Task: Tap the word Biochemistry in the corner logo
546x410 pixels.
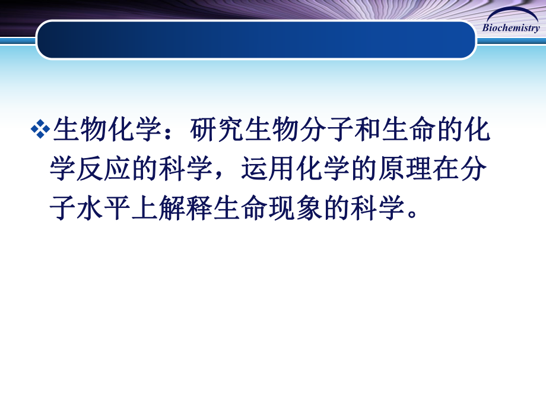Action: pyautogui.click(x=510, y=29)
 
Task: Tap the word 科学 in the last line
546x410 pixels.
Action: pyautogui.click(x=380, y=209)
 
